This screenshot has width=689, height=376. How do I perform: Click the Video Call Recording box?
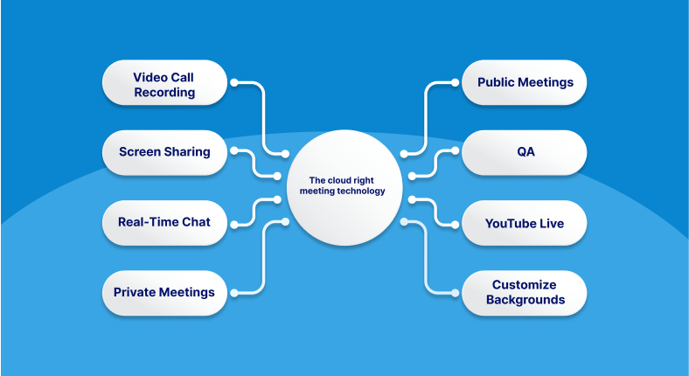click(x=164, y=83)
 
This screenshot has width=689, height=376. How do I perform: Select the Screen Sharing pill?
click(x=164, y=152)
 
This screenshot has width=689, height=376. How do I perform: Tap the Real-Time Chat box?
click(x=164, y=222)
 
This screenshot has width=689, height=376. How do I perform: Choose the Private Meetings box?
click(x=164, y=292)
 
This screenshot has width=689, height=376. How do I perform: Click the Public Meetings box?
click(x=525, y=83)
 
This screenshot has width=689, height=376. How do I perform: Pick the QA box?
click(x=525, y=152)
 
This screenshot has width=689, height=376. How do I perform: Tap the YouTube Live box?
click(x=525, y=223)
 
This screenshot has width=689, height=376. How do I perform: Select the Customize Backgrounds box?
click(x=525, y=292)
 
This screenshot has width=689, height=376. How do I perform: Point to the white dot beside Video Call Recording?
click(x=234, y=83)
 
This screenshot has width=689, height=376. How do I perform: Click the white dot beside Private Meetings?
click(x=234, y=292)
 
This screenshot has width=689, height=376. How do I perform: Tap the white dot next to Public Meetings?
click(x=455, y=83)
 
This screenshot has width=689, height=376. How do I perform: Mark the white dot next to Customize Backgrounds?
click(x=455, y=292)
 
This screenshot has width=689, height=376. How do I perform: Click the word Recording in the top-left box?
click(x=164, y=92)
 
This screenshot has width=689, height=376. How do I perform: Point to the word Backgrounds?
click(x=525, y=300)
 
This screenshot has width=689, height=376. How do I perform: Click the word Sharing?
click(x=190, y=152)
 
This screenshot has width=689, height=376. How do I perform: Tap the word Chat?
click(x=196, y=222)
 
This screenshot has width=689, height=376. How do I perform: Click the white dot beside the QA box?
click(x=455, y=152)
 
